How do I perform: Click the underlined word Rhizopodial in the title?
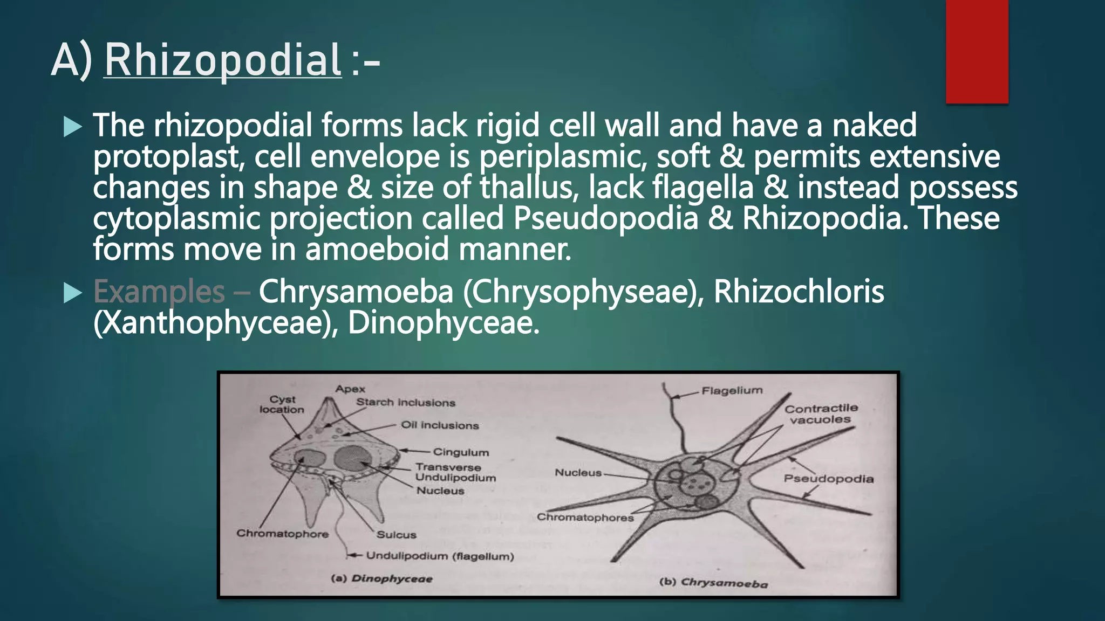222,60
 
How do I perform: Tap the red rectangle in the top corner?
977,51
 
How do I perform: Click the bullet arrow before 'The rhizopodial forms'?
72,127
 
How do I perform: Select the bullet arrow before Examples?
72,293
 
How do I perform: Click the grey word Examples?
159,293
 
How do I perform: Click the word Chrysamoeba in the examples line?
356,292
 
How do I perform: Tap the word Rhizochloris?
799,292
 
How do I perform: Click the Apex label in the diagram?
350,389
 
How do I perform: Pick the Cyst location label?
282,404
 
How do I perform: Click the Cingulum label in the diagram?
461,452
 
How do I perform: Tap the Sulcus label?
397,535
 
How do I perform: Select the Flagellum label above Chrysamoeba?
732,390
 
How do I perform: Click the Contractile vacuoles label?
821,414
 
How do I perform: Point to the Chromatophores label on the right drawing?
585,517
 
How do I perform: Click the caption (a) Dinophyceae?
381,579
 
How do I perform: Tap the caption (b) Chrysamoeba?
713,582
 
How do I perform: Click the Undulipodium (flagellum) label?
440,556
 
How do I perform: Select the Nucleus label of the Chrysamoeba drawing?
578,473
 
